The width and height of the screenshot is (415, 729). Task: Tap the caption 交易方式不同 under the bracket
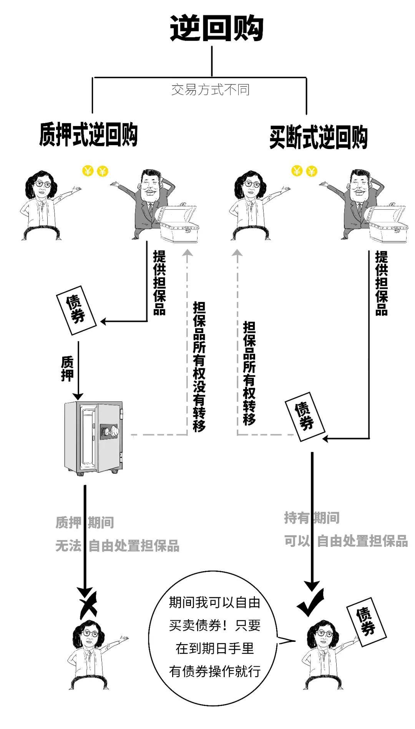[210, 90]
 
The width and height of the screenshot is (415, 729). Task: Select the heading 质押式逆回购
[88, 135]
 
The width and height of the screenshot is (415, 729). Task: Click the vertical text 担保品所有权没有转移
[199, 366]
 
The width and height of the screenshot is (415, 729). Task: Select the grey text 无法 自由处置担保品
[117, 546]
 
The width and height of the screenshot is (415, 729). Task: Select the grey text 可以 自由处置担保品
[346, 541]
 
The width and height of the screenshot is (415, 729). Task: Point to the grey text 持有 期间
[312, 518]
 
